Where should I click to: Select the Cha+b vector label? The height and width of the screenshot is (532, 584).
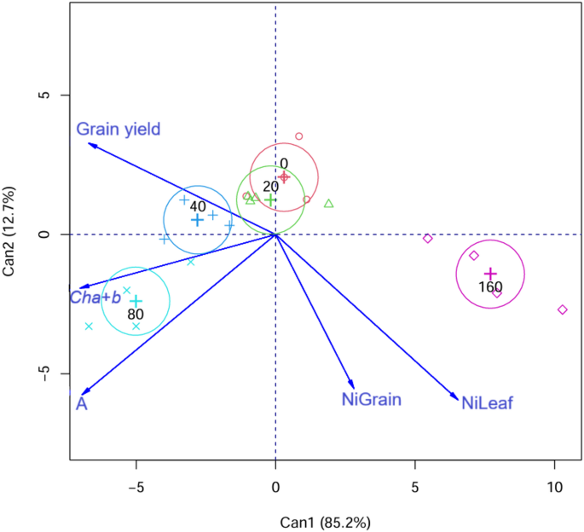tap(95, 298)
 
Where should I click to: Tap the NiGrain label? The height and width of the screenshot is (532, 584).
tap(371, 398)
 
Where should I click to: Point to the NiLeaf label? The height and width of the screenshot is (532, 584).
tap(487, 403)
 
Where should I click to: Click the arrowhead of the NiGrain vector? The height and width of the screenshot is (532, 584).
tap(353, 388)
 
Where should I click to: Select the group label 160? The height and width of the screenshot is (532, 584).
tap(490, 287)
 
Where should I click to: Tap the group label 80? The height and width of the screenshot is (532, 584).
tap(135, 314)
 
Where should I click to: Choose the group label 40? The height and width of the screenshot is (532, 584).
tap(198, 207)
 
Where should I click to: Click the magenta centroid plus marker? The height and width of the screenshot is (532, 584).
tap(490, 274)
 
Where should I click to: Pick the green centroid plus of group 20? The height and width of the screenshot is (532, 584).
tap(270, 199)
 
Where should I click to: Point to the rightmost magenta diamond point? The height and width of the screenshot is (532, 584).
tap(563, 309)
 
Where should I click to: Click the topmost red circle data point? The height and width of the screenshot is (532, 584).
tap(299, 136)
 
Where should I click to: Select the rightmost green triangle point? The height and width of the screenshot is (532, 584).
tap(329, 204)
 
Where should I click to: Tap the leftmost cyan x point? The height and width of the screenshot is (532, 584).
tap(89, 326)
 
